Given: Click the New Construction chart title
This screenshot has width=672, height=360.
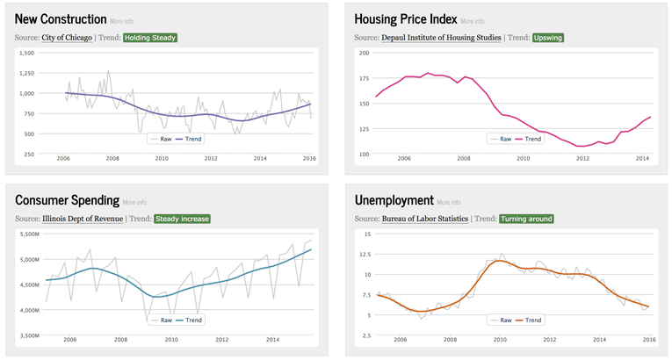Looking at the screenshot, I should point(61,18).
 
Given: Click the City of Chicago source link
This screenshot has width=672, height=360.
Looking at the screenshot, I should point(67,38).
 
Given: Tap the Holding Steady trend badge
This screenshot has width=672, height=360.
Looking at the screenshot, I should point(150,38).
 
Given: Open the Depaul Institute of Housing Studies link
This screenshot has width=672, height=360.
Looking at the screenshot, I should point(441,38).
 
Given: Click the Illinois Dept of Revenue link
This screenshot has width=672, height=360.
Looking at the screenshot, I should point(83,219).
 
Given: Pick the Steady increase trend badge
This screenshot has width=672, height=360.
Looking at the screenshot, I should point(182,219).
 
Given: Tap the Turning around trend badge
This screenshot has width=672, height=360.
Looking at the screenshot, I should point(526,219).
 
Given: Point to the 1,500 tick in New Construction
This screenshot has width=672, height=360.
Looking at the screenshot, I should point(25,53).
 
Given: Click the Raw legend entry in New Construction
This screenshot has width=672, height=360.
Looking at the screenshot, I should point(161,139).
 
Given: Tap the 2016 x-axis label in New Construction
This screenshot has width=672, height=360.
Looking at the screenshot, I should point(309,159).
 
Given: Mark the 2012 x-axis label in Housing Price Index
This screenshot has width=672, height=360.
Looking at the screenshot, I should point(582,159).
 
